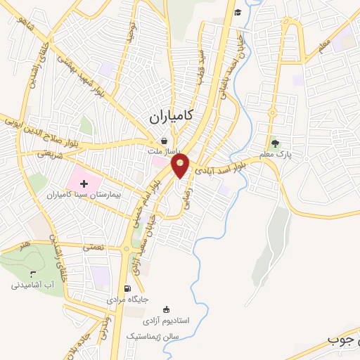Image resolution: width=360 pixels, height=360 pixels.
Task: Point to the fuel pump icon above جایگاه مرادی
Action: point(127,288)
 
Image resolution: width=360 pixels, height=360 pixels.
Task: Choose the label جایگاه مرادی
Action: point(128,300)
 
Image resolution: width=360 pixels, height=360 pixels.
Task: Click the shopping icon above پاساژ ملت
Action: point(164,140)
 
